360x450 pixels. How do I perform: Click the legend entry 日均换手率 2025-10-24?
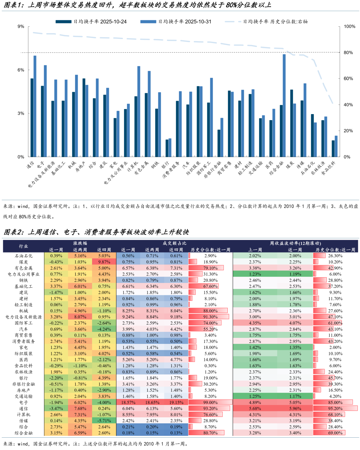(91, 22)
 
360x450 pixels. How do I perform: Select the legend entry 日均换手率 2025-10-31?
(176, 22)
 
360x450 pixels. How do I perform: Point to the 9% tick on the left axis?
(21, 27)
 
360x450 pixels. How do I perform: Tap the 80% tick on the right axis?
(348, 53)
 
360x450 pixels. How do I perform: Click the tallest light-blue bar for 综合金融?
(284, 105)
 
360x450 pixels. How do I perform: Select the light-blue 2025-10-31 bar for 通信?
(35, 106)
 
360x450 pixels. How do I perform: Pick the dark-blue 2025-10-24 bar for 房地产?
(84, 117)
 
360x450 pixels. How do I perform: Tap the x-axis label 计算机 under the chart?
(132, 166)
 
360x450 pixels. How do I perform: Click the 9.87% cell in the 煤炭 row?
(104, 262)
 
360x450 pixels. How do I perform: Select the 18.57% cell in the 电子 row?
(128, 403)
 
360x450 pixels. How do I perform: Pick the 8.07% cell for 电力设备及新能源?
(80, 317)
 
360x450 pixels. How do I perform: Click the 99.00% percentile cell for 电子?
(210, 403)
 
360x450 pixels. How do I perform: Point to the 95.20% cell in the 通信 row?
(335, 409)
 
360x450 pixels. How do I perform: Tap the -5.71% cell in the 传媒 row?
(104, 421)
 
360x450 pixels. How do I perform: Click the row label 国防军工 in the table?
(23, 323)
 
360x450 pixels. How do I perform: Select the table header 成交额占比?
(174, 243)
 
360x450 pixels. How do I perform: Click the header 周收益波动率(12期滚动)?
(295, 243)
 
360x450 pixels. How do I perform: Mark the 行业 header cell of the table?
(23, 246)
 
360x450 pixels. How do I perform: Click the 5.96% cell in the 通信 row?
(295, 409)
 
